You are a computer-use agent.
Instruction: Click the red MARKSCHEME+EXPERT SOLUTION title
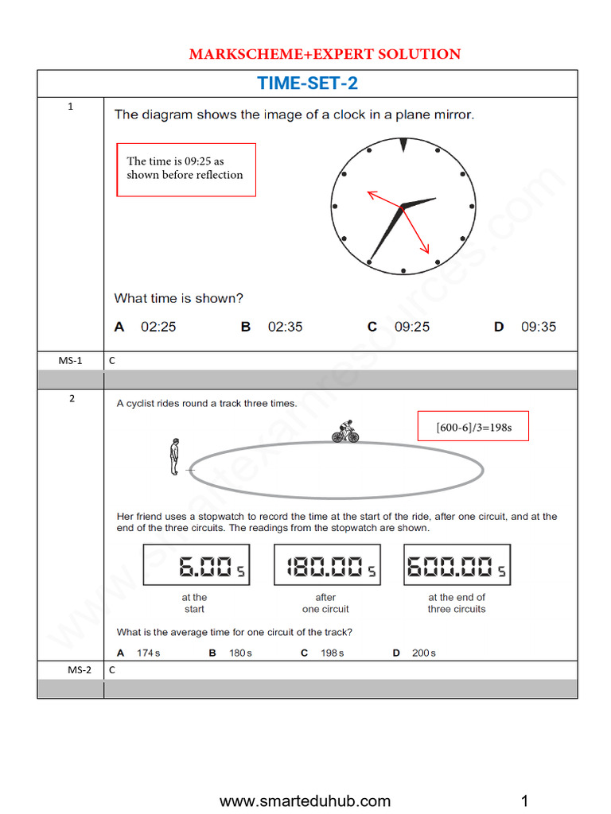click(x=325, y=54)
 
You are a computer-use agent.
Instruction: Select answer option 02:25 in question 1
click(x=146, y=327)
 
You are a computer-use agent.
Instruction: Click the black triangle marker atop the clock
click(x=403, y=145)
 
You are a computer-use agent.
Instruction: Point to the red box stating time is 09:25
click(x=186, y=169)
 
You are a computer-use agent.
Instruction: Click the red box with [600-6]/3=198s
click(x=473, y=428)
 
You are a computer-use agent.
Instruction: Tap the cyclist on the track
click(x=345, y=431)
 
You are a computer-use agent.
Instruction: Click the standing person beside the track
click(x=175, y=457)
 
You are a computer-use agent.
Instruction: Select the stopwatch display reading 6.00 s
click(x=197, y=565)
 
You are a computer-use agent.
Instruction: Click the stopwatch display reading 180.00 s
click(x=326, y=565)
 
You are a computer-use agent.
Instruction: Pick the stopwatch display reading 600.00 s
click(x=457, y=565)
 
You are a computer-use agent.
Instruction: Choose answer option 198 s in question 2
click(x=322, y=653)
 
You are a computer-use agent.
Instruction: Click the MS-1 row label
click(x=70, y=360)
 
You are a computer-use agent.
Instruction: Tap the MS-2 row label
click(x=70, y=670)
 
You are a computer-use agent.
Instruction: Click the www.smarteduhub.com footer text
click(x=305, y=800)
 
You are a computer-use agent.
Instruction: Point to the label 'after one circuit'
click(x=325, y=603)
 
